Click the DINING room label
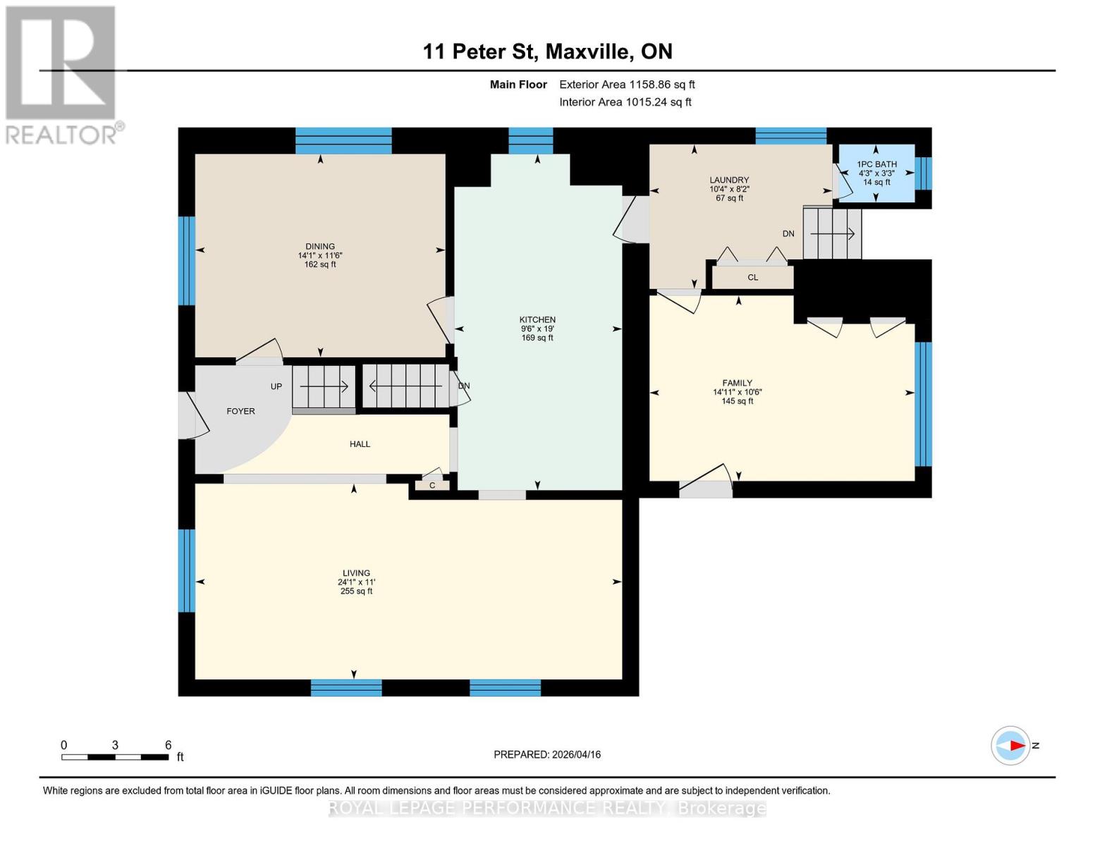320,247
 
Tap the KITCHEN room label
537,320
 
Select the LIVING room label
356,573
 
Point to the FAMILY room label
737,384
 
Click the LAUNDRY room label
729,180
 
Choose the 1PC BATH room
876,173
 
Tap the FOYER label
240,411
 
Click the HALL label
360,444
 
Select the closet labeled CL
752,277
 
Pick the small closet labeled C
432,486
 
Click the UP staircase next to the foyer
324,386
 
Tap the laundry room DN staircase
832,233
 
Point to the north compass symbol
1010,745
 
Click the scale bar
115,757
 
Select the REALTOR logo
62,74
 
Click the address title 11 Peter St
547,51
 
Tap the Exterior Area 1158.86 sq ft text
627,85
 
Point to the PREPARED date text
547,754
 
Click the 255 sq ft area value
356,591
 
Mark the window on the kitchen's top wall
530,140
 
